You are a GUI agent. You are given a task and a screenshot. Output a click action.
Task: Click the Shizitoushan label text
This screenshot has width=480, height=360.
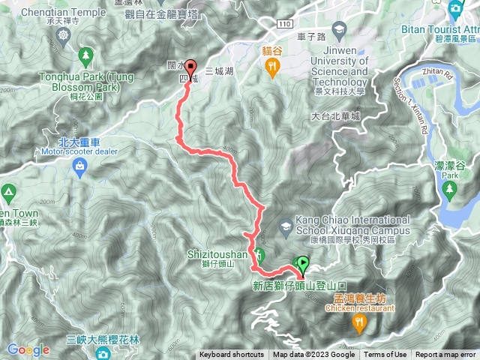tap(218, 253)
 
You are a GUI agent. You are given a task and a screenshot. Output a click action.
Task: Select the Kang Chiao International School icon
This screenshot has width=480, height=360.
tap(286, 225)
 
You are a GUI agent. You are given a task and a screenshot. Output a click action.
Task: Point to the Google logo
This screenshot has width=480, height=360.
tap(28, 349)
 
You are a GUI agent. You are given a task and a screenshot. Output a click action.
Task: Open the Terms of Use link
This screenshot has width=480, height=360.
tap(385, 355)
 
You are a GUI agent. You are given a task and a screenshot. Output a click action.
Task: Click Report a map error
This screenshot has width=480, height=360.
tap(445, 355)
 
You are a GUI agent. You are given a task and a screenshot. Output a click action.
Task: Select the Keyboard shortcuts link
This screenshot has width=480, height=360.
tap(232, 355)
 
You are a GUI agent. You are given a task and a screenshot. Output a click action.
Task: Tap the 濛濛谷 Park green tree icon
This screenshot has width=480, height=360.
tap(449, 189)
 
